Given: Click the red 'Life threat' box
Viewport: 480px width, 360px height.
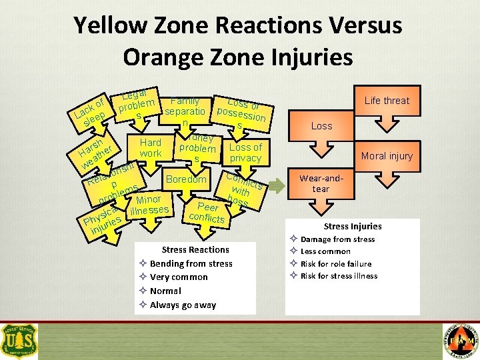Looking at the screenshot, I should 387,101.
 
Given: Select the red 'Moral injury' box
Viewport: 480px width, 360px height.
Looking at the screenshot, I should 387,156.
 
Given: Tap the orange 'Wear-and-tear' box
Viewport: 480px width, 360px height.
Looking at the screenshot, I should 322,183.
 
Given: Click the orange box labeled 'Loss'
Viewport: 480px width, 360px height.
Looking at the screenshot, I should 321,126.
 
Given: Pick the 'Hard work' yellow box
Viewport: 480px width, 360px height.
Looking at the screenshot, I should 150,148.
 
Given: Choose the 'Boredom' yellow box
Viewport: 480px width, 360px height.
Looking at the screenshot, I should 186,179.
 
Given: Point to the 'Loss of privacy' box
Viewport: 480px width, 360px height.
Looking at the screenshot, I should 245,153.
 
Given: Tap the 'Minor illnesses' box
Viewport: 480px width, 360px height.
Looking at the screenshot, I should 149,205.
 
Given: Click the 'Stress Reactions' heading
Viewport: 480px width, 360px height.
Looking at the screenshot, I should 195,249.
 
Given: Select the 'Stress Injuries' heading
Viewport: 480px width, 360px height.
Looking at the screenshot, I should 353,226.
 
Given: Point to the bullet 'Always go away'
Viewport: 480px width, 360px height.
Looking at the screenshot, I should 183,305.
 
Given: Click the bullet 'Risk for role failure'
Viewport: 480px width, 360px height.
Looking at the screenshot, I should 336,264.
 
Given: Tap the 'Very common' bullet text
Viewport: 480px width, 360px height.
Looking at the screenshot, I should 179,277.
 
